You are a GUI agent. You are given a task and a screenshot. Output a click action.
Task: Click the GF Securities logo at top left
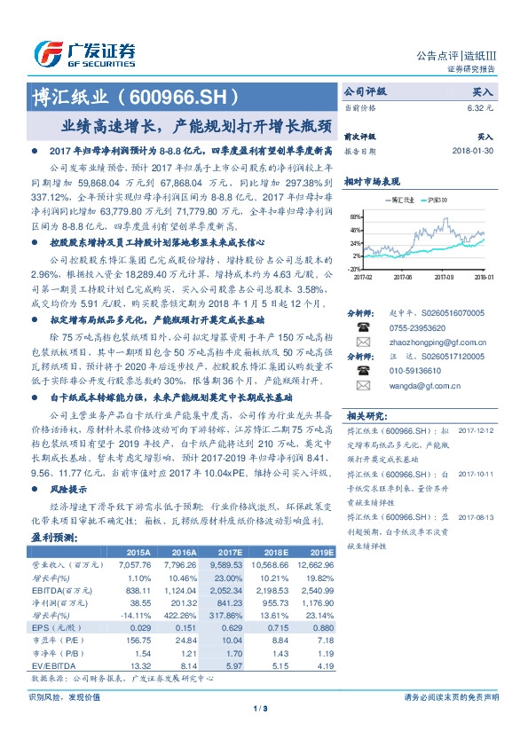(84, 53)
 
